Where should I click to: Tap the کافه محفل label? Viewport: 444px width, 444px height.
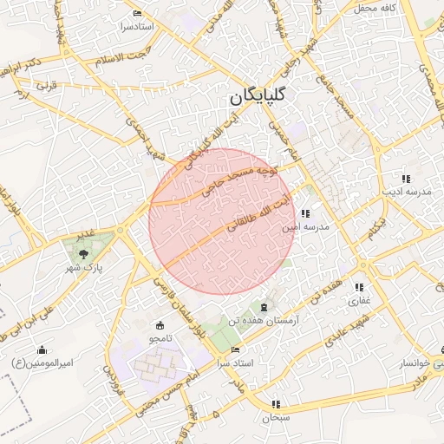[x=375, y=8]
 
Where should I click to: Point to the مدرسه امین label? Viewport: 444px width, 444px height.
[x=306, y=226]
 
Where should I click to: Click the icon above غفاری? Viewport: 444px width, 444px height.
[x=359, y=288]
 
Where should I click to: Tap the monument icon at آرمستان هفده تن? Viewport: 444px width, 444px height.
[x=264, y=308]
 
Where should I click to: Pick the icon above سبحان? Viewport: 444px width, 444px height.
[x=276, y=403]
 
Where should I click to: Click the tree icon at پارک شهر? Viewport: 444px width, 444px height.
[x=82, y=254]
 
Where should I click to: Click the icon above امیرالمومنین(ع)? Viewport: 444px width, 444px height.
[x=42, y=349]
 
